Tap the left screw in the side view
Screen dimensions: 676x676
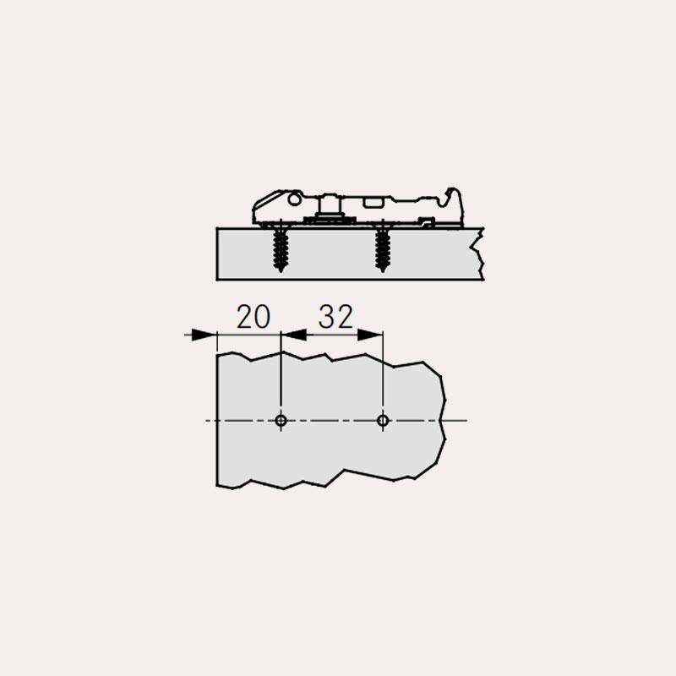coord(281,248)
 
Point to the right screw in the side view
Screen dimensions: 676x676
coord(382,248)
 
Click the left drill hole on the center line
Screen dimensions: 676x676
coord(281,420)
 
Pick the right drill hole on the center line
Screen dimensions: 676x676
coord(383,420)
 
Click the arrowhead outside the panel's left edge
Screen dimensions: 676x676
coord(204,335)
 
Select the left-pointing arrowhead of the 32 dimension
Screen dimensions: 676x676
coord(293,335)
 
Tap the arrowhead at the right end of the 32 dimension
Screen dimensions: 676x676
coord(370,335)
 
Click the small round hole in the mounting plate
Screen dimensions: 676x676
coord(295,199)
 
